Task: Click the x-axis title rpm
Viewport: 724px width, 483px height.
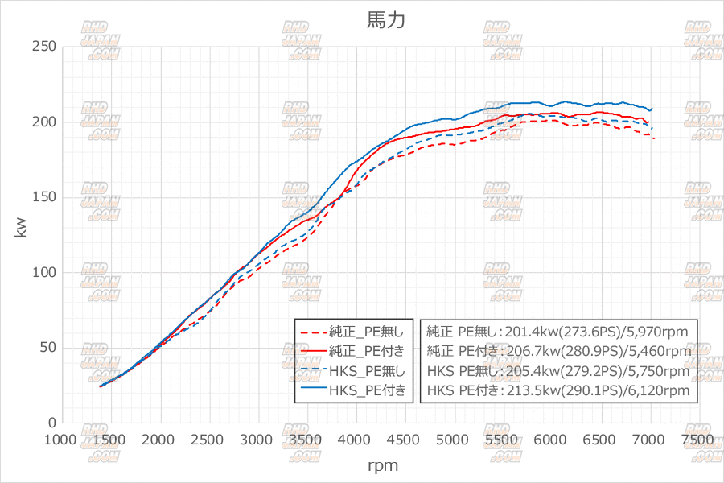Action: [383, 465]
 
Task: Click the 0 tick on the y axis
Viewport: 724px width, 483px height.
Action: [51, 423]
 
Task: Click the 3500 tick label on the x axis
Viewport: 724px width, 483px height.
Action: [306, 440]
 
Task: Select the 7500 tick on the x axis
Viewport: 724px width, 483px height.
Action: [697, 440]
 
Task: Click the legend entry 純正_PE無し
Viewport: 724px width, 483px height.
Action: [372, 331]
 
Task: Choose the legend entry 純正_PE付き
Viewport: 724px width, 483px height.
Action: [372, 351]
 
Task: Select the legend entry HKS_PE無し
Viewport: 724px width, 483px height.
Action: [372, 371]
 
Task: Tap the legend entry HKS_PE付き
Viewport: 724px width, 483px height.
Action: [372, 391]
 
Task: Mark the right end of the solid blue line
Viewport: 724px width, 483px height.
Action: [652, 108]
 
